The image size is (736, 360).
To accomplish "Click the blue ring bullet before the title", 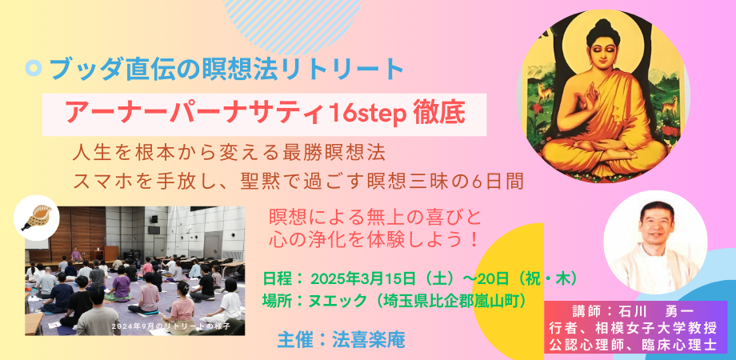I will coord(33,70).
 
